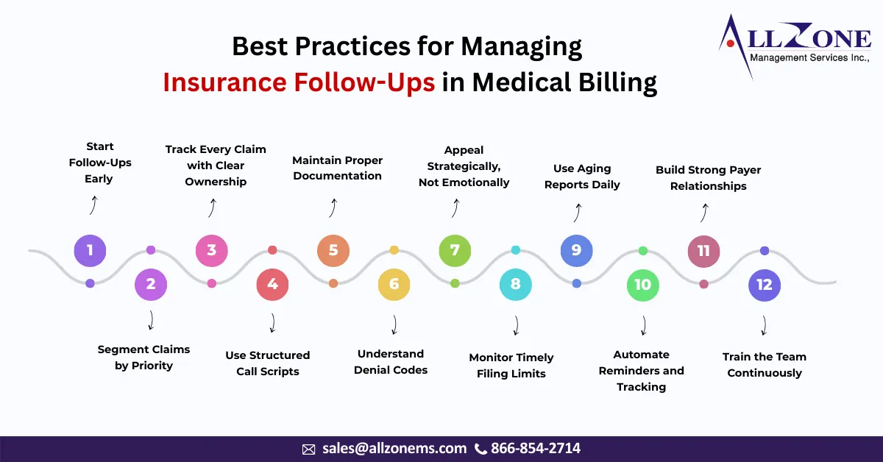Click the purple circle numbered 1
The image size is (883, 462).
click(x=90, y=250)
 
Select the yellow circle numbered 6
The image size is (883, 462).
click(x=394, y=284)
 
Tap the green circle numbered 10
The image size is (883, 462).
click(x=642, y=284)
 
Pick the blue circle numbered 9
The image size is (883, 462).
click(x=576, y=250)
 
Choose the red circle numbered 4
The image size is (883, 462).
click(x=272, y=284)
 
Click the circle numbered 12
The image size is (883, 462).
click(x=765, y=285)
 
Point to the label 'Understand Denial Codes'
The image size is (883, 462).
click(x=391, y=362)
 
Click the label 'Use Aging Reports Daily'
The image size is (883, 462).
click(x=582, y=177)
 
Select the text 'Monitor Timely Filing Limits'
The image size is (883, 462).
click(x=511, y=366)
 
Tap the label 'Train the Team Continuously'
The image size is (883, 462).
click(x=765, y=365)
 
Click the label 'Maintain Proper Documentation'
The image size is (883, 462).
click(x=338, y=168)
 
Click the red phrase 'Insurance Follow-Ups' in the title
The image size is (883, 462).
click(x=299, y=82)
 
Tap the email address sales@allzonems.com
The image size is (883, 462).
click(x=394, y=448)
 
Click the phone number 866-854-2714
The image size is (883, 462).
click(x=536, y=448)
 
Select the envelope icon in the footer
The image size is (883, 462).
click(x=309, y=449)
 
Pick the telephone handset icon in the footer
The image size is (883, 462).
click(x=481, y=449)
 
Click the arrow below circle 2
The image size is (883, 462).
click(x=151, y=321)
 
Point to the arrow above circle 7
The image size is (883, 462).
click(x=455, y=209)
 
